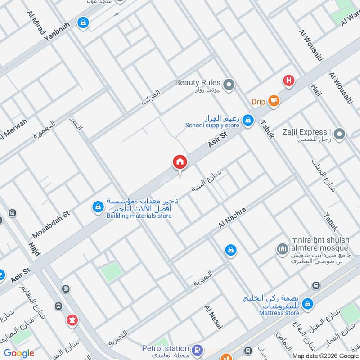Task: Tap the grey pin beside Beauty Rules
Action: [x=229, y=84]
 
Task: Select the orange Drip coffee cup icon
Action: [x=273, y=101]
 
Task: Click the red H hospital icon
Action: [x=288, y=81]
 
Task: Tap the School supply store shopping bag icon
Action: [x=247, y=120]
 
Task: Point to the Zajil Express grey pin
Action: [x=340, y=134]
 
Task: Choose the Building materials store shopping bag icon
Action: [x=97, y=207]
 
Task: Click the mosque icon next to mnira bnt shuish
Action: [x=283, y=248]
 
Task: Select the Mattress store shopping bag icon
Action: [x=308, y=304]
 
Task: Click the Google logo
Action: [x=19, y=353]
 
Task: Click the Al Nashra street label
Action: [x=232, y=218]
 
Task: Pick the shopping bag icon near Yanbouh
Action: [x=83, y=22]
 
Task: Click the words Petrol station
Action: [x=165, y=348]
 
